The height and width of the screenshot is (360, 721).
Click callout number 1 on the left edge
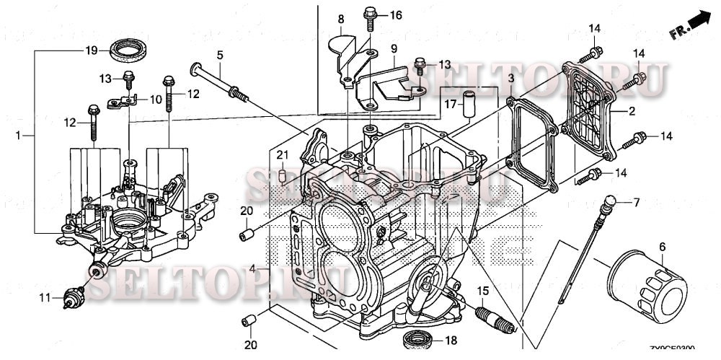tap(19, 135)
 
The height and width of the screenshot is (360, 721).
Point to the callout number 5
tap(220, 54)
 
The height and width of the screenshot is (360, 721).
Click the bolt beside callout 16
tap(372, 14)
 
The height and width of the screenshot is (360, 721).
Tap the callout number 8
tap(340, 17)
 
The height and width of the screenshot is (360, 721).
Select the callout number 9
tap(394, 48)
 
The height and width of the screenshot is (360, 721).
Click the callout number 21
tap(283, 154)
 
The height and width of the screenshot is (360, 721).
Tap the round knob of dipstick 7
tap(610, 201)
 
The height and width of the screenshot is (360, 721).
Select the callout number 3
tap(510, 77)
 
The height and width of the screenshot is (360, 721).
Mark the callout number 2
tap(632, 111)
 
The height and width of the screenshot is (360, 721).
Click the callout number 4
tap(252, 269)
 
